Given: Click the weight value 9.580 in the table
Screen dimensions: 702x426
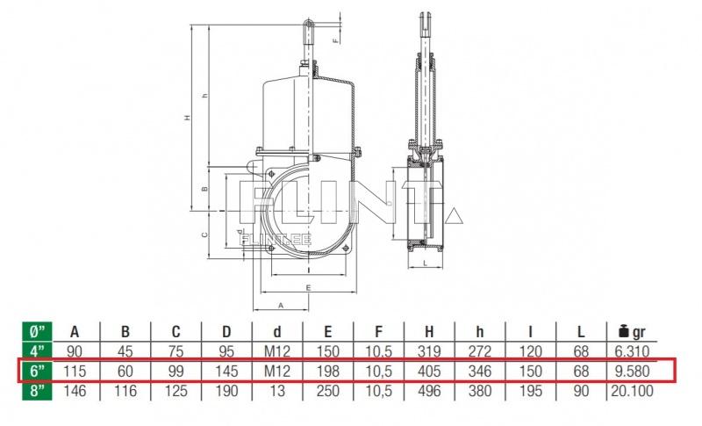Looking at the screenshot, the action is [632, 371].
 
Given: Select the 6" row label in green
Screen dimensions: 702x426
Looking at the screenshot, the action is [38, 371].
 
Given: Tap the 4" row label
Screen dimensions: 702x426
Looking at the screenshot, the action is [38, 351].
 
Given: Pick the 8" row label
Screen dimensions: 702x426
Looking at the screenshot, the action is [38, 391].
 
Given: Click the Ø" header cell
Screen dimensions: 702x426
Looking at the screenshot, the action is [38, 332].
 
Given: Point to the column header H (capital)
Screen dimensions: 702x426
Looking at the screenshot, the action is [429, 332].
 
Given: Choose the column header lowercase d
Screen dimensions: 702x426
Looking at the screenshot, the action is [277, 332].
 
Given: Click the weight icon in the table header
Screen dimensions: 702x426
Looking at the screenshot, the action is [624, 332].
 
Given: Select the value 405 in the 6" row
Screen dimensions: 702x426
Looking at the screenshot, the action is [429, 371].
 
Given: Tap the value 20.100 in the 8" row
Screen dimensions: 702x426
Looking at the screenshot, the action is [632, 391].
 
